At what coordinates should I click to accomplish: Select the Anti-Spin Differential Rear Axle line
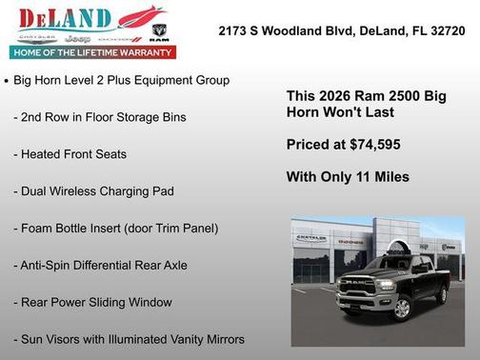(100, 265)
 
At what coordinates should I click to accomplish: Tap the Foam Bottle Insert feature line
(115, 228)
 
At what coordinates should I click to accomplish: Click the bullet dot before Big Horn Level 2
(8, 81)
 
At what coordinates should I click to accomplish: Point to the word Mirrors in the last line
(222, 338)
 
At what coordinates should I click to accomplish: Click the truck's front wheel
(403, 307)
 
